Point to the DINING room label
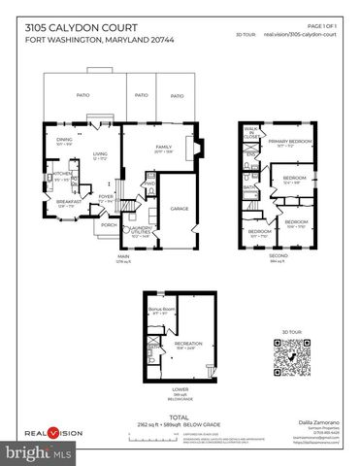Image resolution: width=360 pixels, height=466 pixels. click(64, 141)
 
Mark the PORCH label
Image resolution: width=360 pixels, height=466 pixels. click(109, 225)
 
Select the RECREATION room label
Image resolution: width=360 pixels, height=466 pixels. click(186, 343)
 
